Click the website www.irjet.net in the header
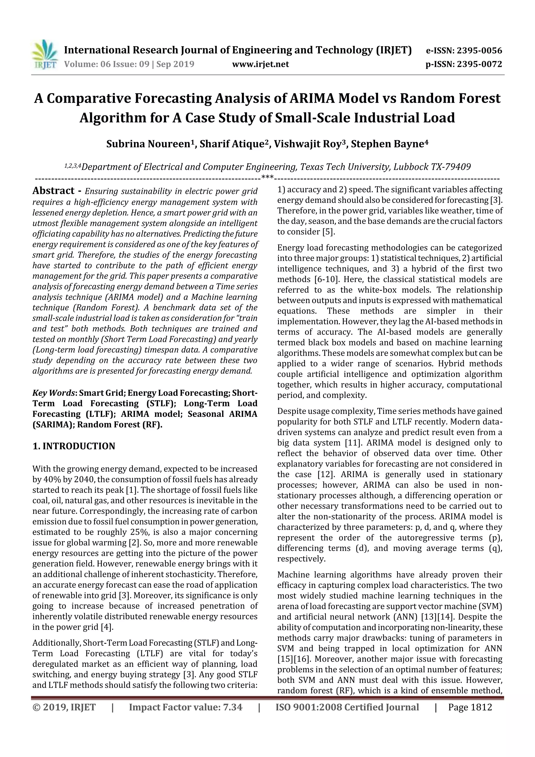click(x=260, y=64)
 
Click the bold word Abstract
click(x=53, y=191)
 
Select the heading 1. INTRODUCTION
click(x=74, y=446)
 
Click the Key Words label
click(x=54, y=393)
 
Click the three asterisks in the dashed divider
click(x=267, y=178)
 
